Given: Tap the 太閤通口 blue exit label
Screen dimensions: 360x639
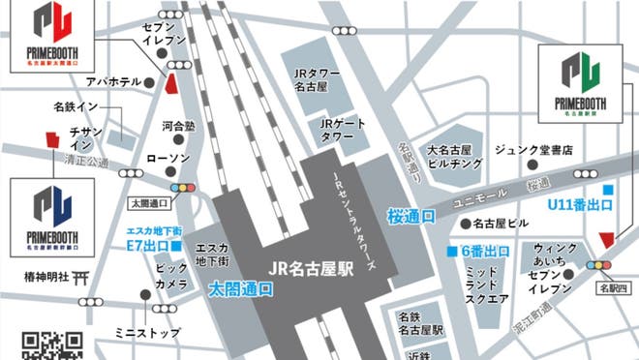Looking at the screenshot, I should click(240, 288).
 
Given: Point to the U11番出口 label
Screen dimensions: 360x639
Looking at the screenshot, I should click(580, 205).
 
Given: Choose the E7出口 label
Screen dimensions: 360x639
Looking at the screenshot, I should click(155, 246).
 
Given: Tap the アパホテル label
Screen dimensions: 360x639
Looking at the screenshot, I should click(114, 83).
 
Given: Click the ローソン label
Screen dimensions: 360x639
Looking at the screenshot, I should click(167, 158).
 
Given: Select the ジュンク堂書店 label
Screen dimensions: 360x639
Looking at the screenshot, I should click(533, 150).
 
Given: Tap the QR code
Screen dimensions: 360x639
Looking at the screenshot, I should click(52, 345).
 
